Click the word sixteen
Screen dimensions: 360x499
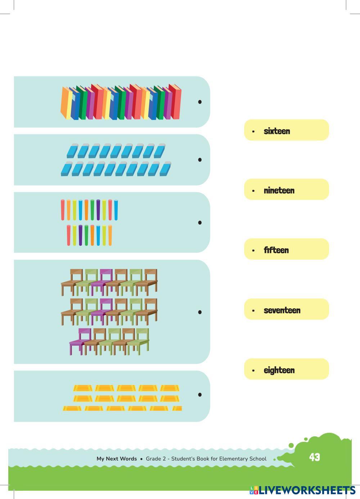(x=276, y=131)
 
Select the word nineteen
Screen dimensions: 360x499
(x=279, y=190)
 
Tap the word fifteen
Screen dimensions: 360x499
(x=276, y=250)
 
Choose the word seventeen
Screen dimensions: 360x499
(x=282, y=310)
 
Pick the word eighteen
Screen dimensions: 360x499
(x=279, y=370)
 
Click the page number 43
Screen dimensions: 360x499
(x=314, y=457)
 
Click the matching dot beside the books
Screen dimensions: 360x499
(x=200, y=102)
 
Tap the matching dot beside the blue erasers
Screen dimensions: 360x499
(x=200, y=159)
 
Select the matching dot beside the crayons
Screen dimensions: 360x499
(x=200, y=222)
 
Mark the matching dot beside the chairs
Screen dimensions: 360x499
(x=200, y=312)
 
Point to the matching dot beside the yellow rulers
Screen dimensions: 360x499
(x=200, y=395)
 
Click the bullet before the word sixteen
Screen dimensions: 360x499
(x=253, y=131)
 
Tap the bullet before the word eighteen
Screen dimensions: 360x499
(x=253, y=371)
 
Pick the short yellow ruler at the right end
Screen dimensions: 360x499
(x=177, y=408)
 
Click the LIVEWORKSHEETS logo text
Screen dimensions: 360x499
(x=306, y=490)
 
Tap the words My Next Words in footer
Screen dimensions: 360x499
(x=117, y=459)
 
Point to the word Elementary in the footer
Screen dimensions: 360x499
(x=233, y=459)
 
